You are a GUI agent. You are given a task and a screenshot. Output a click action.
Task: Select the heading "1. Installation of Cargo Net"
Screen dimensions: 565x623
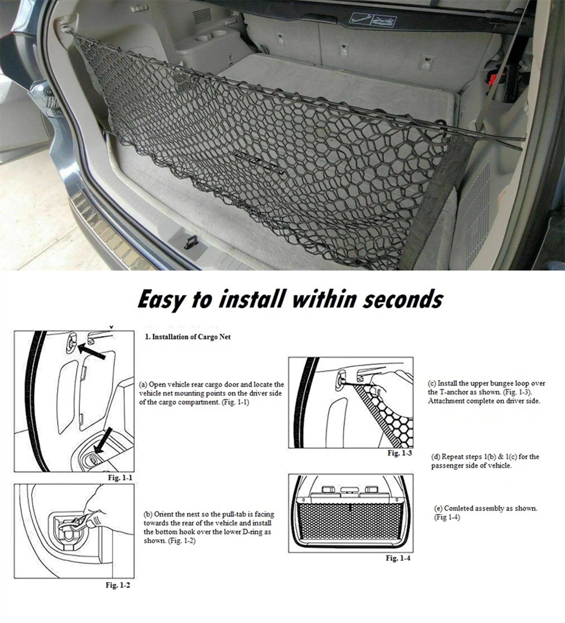[188, 337]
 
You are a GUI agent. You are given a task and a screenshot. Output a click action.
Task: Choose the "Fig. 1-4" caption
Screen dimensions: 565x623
[398, 558]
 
